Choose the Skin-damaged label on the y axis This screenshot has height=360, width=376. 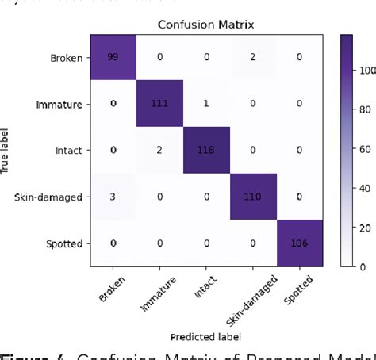(x=60, y=195)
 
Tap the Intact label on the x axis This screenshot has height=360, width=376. (x=205, y=285)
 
